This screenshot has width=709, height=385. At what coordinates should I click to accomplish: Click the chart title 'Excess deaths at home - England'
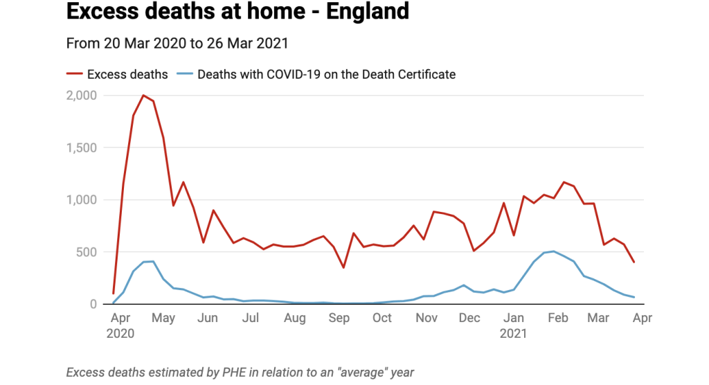pos(237,12)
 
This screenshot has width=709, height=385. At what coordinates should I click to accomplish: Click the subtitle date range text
pos(177,43)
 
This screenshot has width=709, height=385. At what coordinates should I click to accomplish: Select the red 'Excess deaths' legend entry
pos(117,74)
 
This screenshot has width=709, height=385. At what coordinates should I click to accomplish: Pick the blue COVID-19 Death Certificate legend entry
pos(316,74)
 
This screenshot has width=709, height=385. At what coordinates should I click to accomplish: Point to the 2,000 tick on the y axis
pos(82,96)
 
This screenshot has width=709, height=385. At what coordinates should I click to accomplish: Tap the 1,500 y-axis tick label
pos(82,147)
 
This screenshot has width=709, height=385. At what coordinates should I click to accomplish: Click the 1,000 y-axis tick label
pos(82,200)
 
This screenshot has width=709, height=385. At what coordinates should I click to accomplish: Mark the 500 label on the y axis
pos(88,252)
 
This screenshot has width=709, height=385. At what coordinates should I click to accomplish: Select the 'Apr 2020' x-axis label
pos(120,325)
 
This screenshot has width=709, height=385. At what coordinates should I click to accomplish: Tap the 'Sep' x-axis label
pos(339,318)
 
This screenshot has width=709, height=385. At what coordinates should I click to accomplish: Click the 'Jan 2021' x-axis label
pos(514,325)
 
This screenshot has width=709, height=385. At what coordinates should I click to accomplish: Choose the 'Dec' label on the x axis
pos(469,318)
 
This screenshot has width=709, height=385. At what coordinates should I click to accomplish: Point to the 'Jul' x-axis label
pos(251,318)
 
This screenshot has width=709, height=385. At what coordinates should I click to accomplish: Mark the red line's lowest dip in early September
pos(343,267)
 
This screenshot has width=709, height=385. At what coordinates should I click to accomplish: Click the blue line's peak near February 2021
pos(553,251)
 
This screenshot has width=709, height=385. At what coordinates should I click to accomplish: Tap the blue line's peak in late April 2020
pos(153,261)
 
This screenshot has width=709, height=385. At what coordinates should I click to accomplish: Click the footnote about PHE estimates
pos(240,373)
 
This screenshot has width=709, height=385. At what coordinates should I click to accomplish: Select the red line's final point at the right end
pos(634,262)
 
